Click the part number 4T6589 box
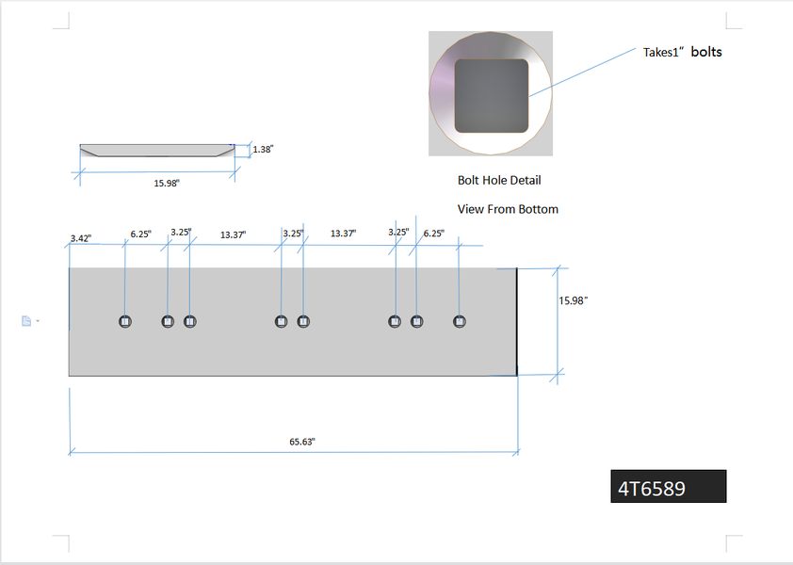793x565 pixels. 668,487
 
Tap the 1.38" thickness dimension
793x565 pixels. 263,149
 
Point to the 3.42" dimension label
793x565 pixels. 81,239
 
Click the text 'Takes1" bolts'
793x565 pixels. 683,53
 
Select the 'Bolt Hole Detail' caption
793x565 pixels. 499,180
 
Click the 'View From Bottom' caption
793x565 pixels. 508,209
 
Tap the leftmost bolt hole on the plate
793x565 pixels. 125,321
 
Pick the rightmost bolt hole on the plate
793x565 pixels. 460,321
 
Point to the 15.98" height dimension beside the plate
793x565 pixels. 573,300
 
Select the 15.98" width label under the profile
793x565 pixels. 167,183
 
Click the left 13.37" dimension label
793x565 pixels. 233,234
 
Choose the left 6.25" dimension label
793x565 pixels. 140,234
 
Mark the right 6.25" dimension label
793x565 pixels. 433,234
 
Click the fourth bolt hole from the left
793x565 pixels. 281,321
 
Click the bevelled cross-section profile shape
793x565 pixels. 156,150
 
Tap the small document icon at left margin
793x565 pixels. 27,321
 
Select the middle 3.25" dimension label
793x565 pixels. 293,234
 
